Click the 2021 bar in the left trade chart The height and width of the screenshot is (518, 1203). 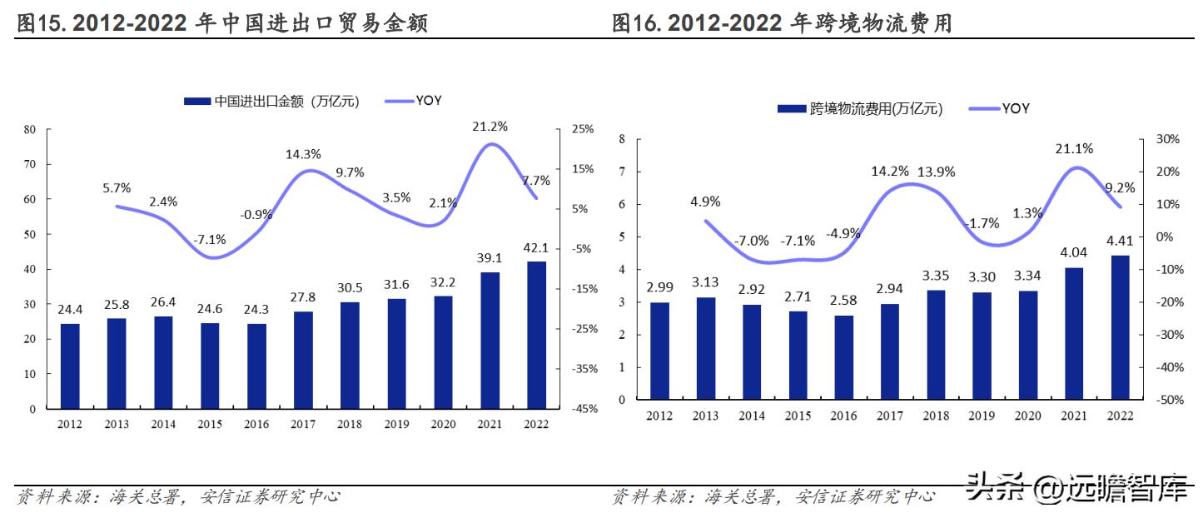click(490, 341)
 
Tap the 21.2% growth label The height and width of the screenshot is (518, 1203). click(490, 127)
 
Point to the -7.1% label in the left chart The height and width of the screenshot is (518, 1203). click(210, 240)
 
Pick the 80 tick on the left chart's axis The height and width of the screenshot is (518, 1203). click(30, 129)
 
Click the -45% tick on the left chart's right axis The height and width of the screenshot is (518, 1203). click(581, 409)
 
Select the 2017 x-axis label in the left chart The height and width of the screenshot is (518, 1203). click(303, 424)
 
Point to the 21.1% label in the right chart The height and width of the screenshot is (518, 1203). click(1074, 148)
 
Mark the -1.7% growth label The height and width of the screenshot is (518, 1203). click(983, 223)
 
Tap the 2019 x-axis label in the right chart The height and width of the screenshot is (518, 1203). click(982, 416)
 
